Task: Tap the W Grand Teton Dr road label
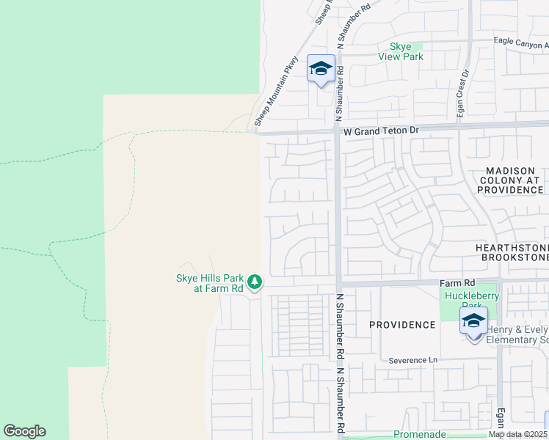click(x=381, y=130)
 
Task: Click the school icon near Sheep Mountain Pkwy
click(x=321, y=68)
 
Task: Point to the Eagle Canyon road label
click(x=520, y=41)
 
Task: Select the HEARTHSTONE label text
click(x=512, y=248)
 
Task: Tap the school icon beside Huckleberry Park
click(x=473, y=321)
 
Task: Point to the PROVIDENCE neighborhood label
click(x=402, y=324)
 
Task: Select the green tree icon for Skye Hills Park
click(x=255, y=281)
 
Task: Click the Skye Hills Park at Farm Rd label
click(x=208, y=283)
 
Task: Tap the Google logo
click(x=24, y=431)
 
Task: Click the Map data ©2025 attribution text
click(x=517, y=434)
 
